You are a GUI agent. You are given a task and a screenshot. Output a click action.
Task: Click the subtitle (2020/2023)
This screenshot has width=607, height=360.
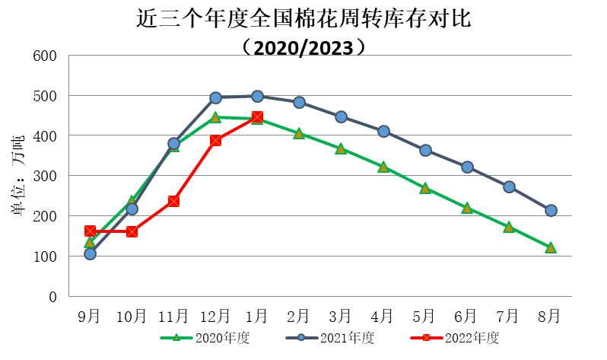coord(303,47)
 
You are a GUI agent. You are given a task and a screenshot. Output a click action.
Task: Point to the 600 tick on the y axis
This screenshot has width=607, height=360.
coord(46,56)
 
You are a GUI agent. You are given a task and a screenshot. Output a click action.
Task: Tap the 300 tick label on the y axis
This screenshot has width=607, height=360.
coord(46,176)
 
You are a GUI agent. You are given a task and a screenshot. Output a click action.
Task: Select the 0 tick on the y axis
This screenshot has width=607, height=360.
coord(53,297)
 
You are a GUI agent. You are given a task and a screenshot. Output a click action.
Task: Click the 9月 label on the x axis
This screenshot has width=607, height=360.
coord(90,314)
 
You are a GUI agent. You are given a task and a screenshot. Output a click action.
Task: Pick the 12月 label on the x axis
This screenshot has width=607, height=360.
coord(215,314)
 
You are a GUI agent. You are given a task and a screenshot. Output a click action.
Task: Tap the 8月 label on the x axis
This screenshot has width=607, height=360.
coord(551,314)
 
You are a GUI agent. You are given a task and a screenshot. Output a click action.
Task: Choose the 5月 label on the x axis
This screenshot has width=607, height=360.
coord(425,314)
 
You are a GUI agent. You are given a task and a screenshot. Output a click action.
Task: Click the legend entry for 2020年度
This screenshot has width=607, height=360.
coord(205,338)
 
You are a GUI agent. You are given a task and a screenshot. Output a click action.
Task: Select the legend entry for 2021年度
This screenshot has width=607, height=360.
coord(330,338)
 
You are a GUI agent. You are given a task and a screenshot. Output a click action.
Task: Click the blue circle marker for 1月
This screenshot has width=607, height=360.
coord(257,97)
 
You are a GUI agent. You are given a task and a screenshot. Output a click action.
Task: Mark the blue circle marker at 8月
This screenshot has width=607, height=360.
coord(551,210)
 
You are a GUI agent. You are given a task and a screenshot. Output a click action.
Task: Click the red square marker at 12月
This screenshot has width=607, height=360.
coord(215,140)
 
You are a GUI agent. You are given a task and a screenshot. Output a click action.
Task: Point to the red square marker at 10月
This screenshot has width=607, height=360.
coord(132,231)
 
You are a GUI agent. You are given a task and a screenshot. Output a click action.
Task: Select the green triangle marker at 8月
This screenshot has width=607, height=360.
coord(551,247)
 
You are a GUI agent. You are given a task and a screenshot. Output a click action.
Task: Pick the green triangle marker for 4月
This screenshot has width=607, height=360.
coord(383,167)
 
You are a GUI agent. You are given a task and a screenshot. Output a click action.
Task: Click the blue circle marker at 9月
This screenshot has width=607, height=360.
coord(90,253)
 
